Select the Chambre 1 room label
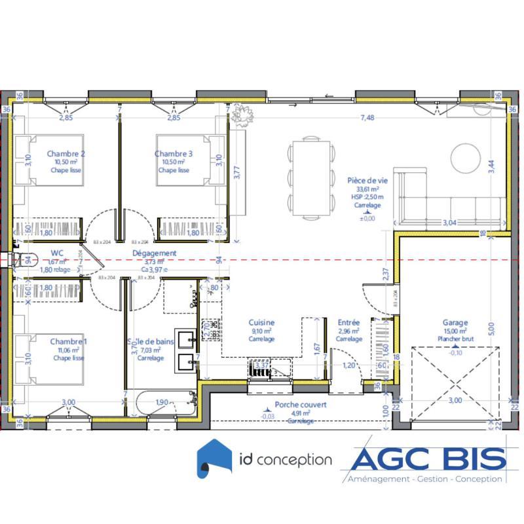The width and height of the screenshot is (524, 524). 68,341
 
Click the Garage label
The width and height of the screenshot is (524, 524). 455,322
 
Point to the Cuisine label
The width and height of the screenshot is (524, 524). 261,322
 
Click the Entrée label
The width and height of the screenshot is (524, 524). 348,322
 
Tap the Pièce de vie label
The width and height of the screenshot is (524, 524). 366,179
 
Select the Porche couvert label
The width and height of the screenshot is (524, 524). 301,405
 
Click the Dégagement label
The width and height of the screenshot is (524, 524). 155,253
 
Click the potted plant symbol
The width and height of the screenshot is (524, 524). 242,116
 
